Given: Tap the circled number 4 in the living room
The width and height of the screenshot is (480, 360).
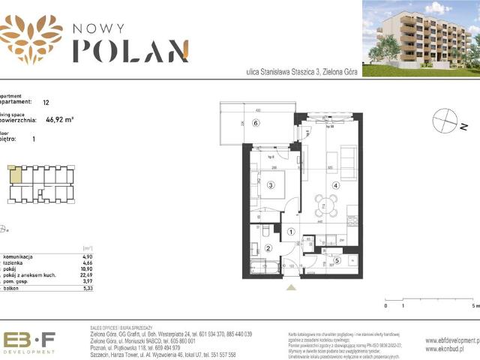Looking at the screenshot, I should click(336, 186).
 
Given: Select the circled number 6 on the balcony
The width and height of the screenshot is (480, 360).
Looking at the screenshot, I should click(255, 124).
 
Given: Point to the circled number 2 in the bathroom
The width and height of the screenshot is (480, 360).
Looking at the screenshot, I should click(268, 248).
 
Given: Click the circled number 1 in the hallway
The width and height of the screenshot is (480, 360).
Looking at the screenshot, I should click(292, 232).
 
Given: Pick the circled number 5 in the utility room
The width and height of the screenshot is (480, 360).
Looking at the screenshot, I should click(336, 261).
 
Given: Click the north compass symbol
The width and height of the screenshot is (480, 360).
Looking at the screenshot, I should click(445, 120).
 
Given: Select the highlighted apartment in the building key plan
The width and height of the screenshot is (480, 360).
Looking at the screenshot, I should click(16, 176).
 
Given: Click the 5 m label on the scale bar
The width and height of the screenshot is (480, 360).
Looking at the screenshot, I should click(473, 306).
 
